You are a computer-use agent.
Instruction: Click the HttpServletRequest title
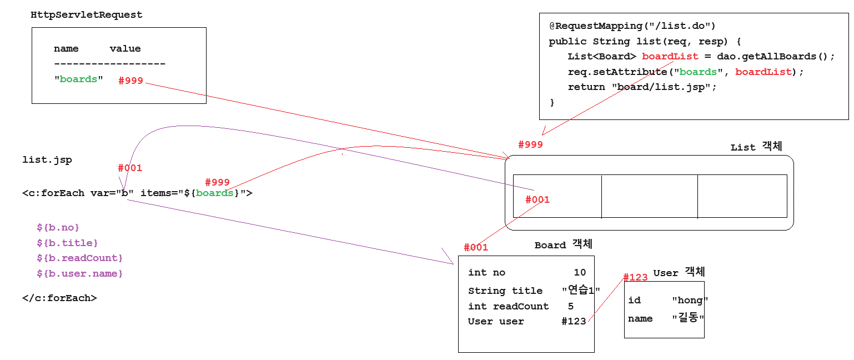coord(86,15)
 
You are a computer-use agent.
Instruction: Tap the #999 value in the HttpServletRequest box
coord(131,81)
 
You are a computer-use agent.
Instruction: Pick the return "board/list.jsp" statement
coord(642,87)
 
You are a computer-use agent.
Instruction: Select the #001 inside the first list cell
coord(537,200)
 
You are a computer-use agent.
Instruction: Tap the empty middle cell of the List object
coord(649,196)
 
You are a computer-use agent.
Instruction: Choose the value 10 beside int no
coord(580,273)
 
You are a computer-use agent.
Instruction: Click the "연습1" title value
coord(581,291)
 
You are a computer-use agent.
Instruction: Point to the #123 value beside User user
coord(574,322)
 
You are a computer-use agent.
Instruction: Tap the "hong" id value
coord(690,301)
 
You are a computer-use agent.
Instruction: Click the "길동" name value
coord(688,319)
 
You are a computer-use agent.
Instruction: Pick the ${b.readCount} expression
coord(79,258)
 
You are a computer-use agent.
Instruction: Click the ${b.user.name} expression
coord(79,274)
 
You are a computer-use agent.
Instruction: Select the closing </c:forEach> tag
coord(59,298)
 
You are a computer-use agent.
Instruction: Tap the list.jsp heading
coord(47,161)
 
